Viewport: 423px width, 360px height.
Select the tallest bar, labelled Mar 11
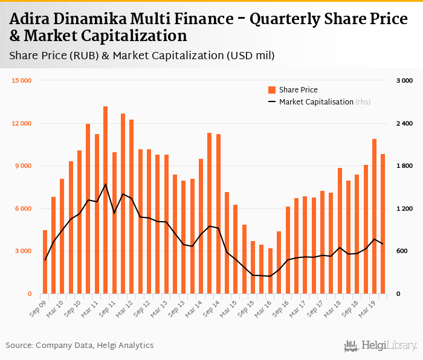(x=106, y=200)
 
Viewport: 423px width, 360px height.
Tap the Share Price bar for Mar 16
(x=270, y=271)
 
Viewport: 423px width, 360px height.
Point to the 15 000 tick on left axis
(x=22, y=80)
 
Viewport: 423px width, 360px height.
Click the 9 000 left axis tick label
(x=24, y=166)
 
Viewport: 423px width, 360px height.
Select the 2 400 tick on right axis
(x=404, y=123)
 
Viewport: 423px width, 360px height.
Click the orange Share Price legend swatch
(x=272, y=90)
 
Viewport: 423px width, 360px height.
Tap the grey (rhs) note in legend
(x=363, y=102)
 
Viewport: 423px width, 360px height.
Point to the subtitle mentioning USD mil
(x=142, y=56)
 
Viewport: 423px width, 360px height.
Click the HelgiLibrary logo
(x=380, y=346)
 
